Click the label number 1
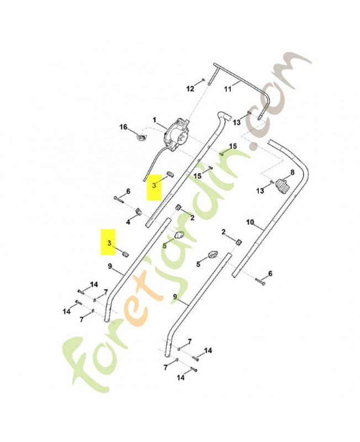155,119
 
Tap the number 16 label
124,127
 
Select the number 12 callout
189,88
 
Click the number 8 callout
292,172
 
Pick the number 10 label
250,223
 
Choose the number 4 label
128,222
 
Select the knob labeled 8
283,186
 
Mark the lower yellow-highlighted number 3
109,243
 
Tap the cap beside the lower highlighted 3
125,253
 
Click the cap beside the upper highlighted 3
169,174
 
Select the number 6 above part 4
128,191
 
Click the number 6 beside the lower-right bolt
270,273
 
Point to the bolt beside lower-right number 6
260,282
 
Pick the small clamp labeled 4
139,212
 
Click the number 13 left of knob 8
260,191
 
